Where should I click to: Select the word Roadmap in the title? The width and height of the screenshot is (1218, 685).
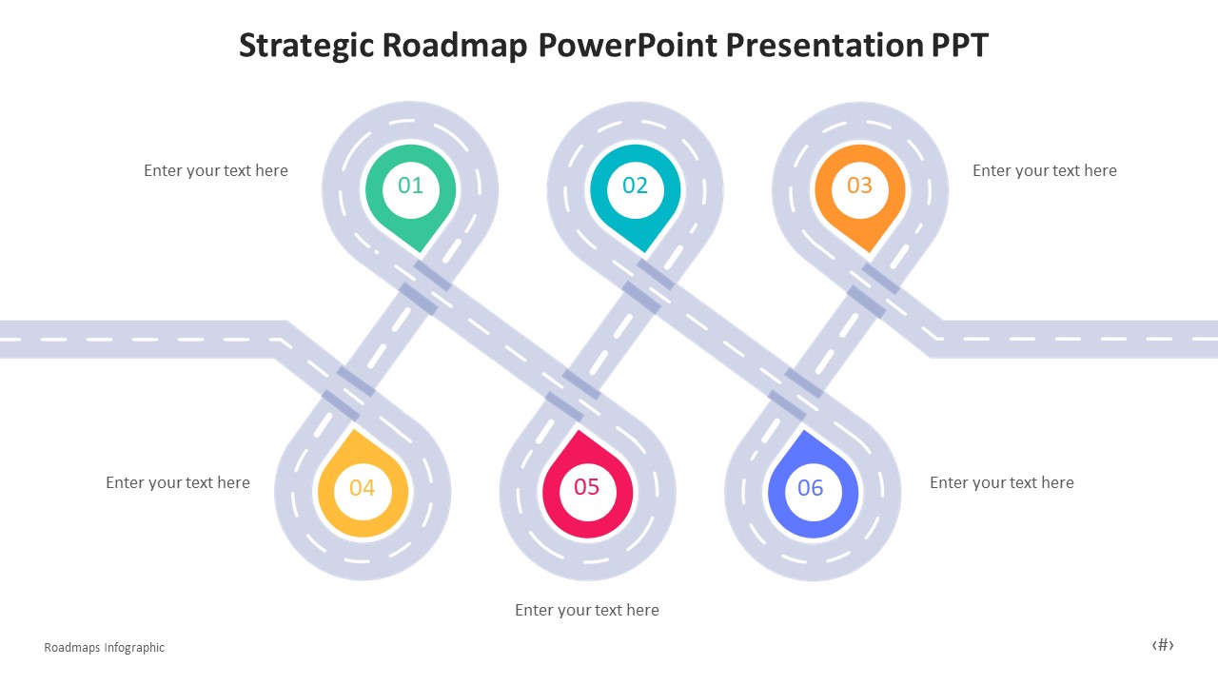(x=454, y=46)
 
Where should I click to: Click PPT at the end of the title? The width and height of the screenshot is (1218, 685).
(x=959, y=46)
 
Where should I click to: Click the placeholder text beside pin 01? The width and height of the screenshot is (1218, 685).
(x=216, y=171)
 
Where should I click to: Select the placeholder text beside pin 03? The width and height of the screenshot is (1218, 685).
(x=1044, y=171)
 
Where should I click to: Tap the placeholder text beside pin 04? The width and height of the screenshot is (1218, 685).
(x=178, y=483)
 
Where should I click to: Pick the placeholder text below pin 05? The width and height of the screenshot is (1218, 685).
(x=587, y=611)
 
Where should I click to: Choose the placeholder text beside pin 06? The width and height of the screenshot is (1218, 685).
(x=1001, y=483)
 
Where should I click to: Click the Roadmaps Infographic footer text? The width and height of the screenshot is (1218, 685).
(x=105, y=648)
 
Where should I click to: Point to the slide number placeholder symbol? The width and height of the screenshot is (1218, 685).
(x=1163, y=645)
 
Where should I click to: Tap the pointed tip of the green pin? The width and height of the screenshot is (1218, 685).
(x=419, y=251)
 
